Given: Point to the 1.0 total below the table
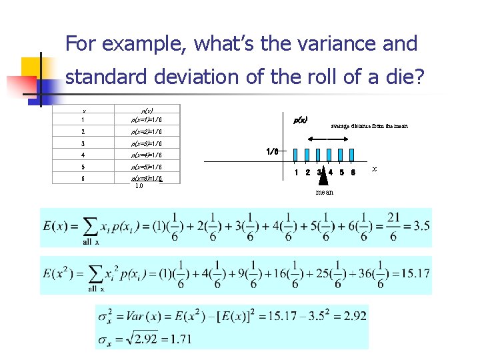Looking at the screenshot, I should point(139,186).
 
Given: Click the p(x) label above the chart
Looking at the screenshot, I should point(301,120).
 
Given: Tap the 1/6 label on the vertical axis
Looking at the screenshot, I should point(272,151).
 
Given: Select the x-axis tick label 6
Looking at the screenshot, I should point(353,173).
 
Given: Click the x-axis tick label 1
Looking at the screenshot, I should point(296,173).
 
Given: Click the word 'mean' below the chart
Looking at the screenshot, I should point(325,192).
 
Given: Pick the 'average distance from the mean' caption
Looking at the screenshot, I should point(369,126).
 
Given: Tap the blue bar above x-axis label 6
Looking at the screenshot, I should point(353,155).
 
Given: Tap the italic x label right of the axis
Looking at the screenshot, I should point(374,169).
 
